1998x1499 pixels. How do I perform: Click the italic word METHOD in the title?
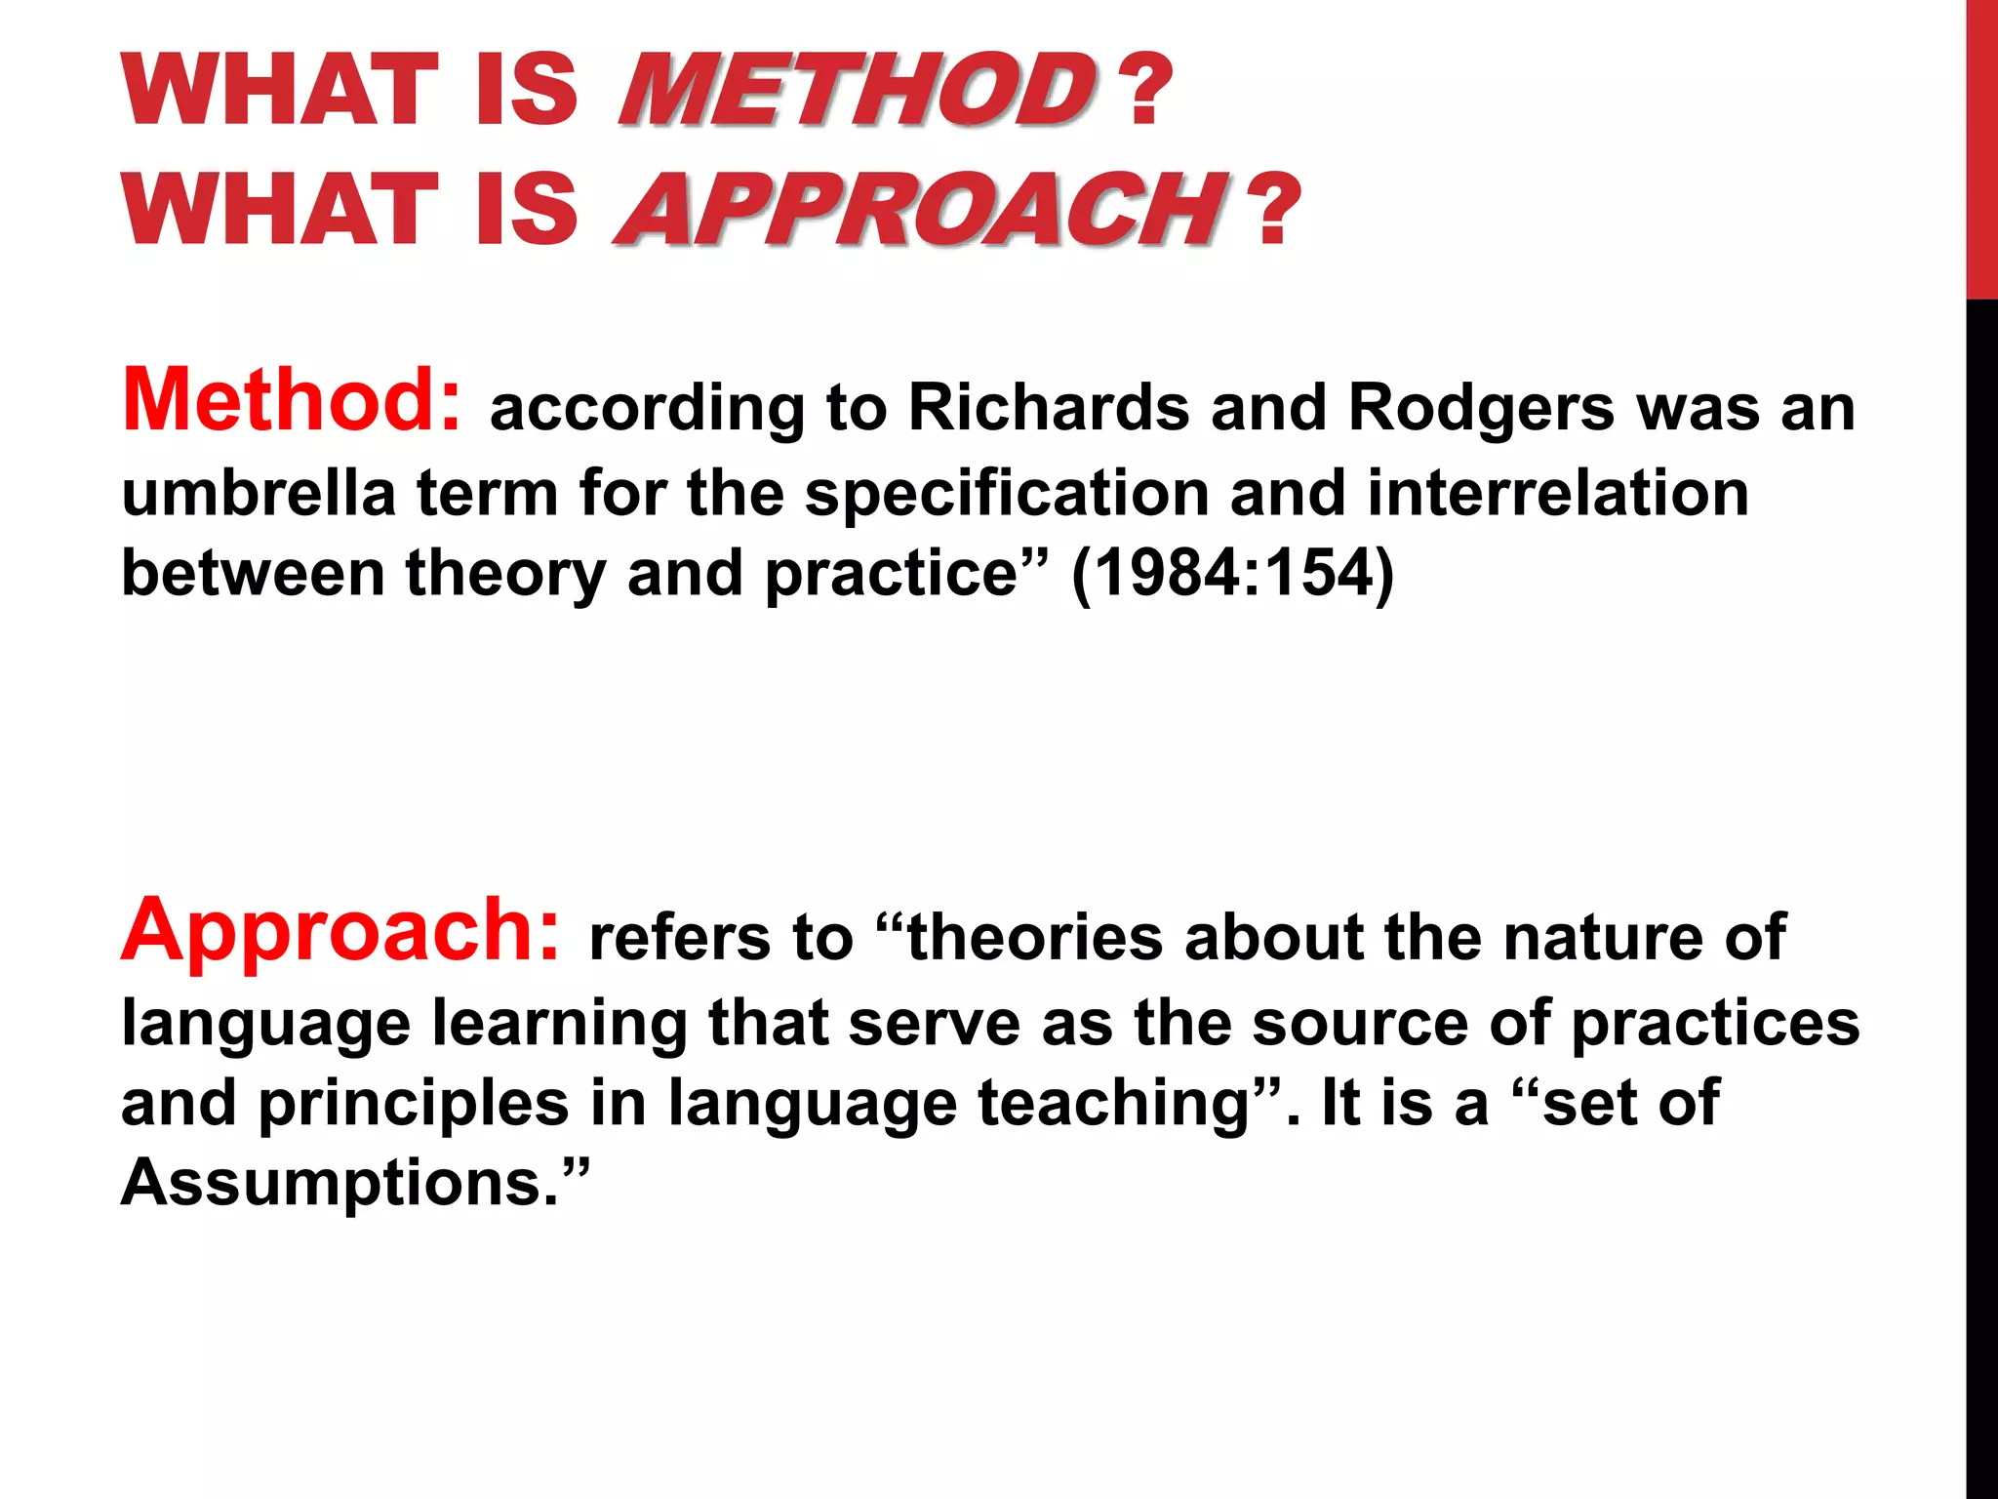857,90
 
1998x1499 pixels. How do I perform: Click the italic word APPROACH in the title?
917,209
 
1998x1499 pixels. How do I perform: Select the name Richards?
1049,407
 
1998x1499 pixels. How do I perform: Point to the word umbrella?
259,492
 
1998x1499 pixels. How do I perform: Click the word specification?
1006,494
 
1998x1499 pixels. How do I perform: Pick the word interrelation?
1558,492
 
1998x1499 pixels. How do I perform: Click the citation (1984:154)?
1233,573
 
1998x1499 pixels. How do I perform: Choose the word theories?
1035,937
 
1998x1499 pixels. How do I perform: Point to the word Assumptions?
332,1183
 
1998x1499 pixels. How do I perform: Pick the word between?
253,573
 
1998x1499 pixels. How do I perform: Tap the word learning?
560,1025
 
